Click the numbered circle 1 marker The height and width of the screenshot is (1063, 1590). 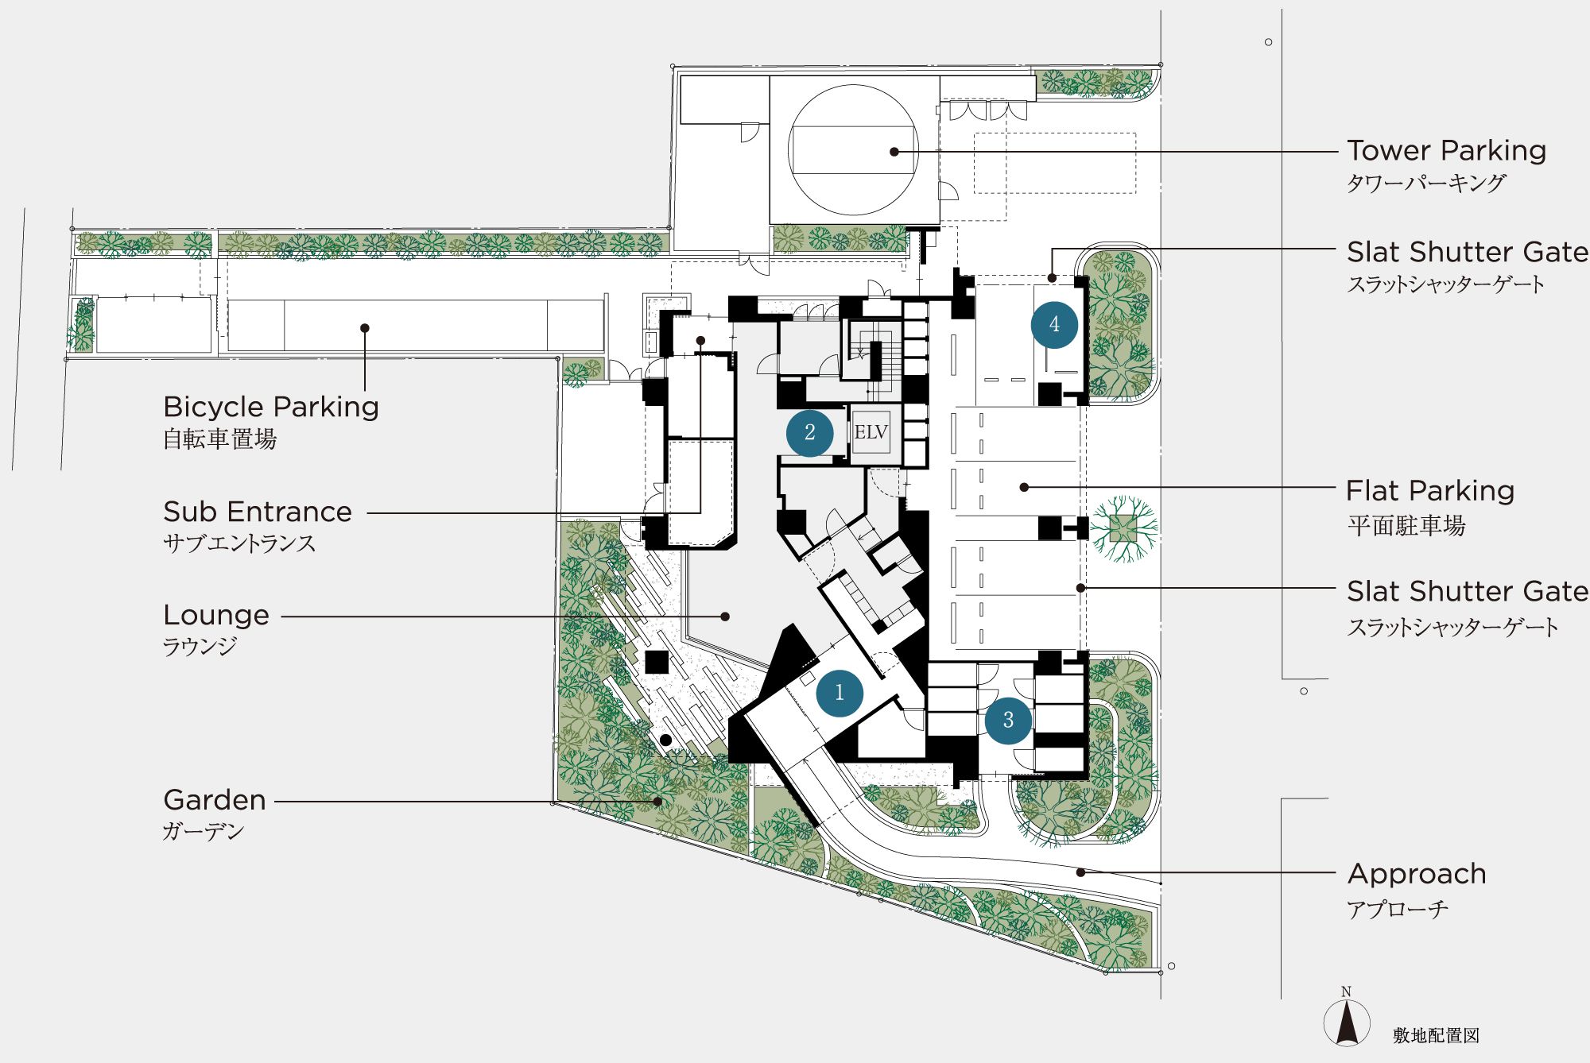click(840, 693)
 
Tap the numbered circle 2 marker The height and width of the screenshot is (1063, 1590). click(809, 433)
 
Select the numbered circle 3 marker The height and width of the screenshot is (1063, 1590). click(1008, 720)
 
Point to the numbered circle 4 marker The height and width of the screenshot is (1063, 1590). click(1054, 324)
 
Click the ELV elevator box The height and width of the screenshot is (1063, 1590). click(871, 433)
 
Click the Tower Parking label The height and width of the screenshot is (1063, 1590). click(1446, 150)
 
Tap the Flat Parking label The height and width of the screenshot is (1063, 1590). click(1430, 491)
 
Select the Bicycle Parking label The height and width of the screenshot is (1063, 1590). click(271, 407)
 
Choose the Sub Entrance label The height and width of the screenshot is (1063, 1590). click(258, 512)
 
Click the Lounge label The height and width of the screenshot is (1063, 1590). click(216, 616)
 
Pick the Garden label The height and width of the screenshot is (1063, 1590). click(215, 800)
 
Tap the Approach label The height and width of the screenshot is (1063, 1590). click(1417, 875)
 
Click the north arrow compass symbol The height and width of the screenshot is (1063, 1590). click(1347, 1019)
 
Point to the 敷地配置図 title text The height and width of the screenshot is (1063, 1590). click(1436, 1035)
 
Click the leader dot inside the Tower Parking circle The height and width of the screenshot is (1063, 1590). click(894, 152)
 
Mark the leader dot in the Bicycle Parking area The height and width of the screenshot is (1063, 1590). click(365, 328)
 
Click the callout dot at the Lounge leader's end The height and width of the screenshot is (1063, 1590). click(725, 617)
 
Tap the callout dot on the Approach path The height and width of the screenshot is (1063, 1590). click(1081, 872)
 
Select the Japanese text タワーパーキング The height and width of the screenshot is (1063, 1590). click(1426, 184)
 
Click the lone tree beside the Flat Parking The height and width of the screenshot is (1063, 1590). click(1123, 528)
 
